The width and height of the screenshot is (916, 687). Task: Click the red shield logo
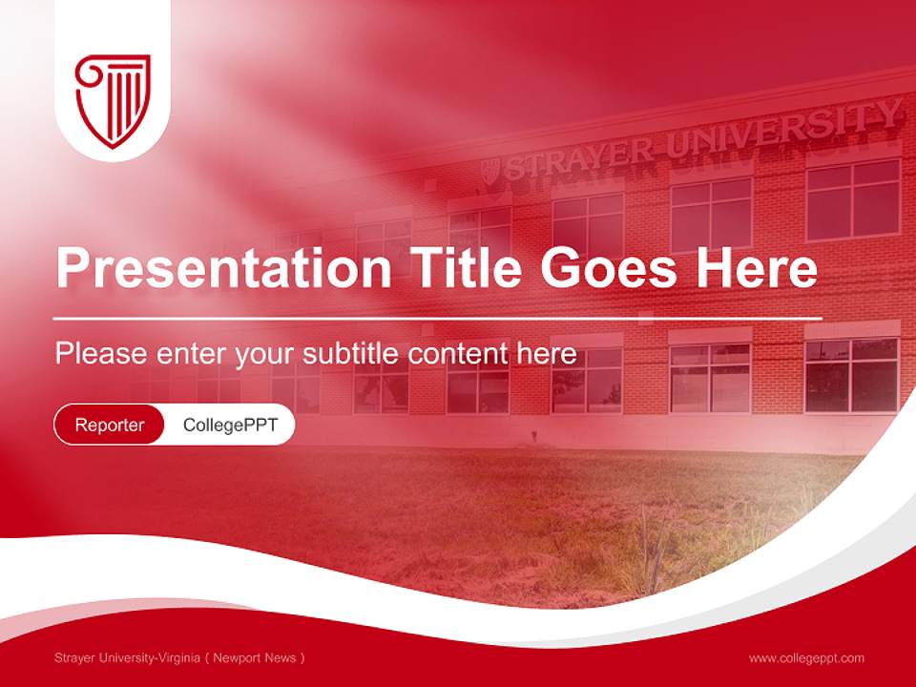pyautogui.click(x=113, y=100)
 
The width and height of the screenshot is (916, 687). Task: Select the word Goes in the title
pyautogui.click(x=611, y=268)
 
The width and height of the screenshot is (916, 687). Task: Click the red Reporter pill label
pyautogui.click(x=110, y=425)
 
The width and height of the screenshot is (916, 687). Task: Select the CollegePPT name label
pyautogui.click(x=230, y=425)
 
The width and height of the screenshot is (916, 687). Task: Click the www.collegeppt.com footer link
pyautogui.click(x=806, y=657)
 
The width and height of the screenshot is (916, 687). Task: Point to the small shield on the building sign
pyautogui.click(x=490, y=172)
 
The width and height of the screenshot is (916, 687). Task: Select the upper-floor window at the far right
pyautogui.click(x=853, y=199)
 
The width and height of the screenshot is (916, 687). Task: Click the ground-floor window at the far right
pyautogui.click(x=851, y=375)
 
